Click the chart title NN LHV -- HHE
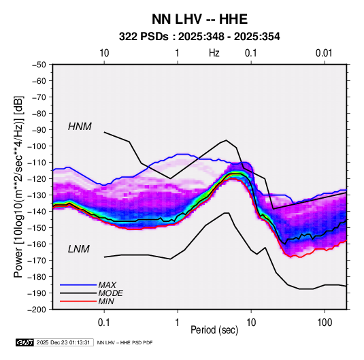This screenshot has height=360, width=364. click(x=199, y=19)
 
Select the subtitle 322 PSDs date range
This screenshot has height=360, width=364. click(x=199, y=37)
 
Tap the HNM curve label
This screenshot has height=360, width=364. click(x=80, y=127)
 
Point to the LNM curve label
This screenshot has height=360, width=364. click(x=79, y=249)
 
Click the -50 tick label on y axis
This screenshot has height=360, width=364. click(x=39, y=65)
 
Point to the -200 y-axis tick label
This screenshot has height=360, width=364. click(x=37, y=310)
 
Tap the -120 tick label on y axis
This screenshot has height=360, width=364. click(x=37, y=179)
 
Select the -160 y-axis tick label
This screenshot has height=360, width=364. click(x=37, y=244)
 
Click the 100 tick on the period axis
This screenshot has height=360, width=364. click(x=325, y=323)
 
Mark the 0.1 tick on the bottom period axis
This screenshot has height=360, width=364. click(x=104, y=323)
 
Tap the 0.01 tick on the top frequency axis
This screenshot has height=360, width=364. click(x=324, y=53)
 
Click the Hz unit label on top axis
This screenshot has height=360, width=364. click(x=214, y=53)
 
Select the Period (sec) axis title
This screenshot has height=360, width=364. click(x=214, y=330)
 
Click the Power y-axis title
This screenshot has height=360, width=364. click(x=18, y=186)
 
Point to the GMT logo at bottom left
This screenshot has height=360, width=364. click(x=25, y=342)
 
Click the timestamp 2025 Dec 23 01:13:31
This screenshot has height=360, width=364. click(x=63, y=342)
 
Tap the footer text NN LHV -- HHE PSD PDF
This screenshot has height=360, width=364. click(x=125, y=342)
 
